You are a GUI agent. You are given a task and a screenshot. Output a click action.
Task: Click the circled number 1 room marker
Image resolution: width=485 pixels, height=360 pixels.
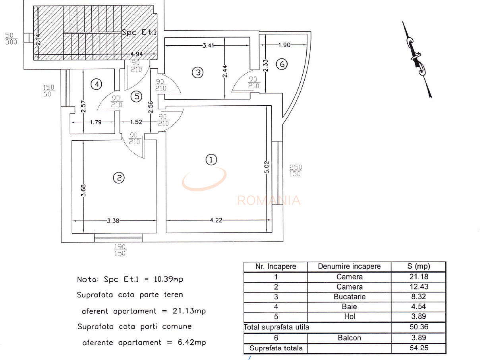pos(211,160)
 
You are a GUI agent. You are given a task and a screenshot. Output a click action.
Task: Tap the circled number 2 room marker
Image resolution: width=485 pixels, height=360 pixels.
pos(119,178)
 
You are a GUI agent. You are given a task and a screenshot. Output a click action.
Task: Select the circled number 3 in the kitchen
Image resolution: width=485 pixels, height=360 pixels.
pos(197,72)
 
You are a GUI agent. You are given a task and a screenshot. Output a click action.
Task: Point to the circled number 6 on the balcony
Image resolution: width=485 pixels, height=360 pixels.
pos(282,64)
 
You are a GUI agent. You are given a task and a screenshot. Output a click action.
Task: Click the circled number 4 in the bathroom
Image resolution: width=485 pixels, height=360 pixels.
pos(96,84)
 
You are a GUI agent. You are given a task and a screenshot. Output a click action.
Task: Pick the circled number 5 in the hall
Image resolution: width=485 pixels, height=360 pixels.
pos(136,96)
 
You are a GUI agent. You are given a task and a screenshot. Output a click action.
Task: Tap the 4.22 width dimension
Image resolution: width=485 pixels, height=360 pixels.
pos(216,220)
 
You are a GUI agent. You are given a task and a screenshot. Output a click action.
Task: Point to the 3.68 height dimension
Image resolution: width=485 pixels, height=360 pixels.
pos(83,190)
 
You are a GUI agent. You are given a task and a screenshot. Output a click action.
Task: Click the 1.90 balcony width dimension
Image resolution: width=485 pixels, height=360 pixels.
pos(284,45)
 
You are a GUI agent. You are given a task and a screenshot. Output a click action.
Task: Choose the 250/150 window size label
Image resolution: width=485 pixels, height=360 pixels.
pos(295,170)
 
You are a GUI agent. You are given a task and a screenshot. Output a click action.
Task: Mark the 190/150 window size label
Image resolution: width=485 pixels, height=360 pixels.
pos(120,250)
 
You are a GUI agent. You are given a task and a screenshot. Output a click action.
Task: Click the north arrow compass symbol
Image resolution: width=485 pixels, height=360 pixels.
pos(416,60)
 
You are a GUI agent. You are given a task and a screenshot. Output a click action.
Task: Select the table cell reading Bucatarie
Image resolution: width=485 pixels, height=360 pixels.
pos(350,297)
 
